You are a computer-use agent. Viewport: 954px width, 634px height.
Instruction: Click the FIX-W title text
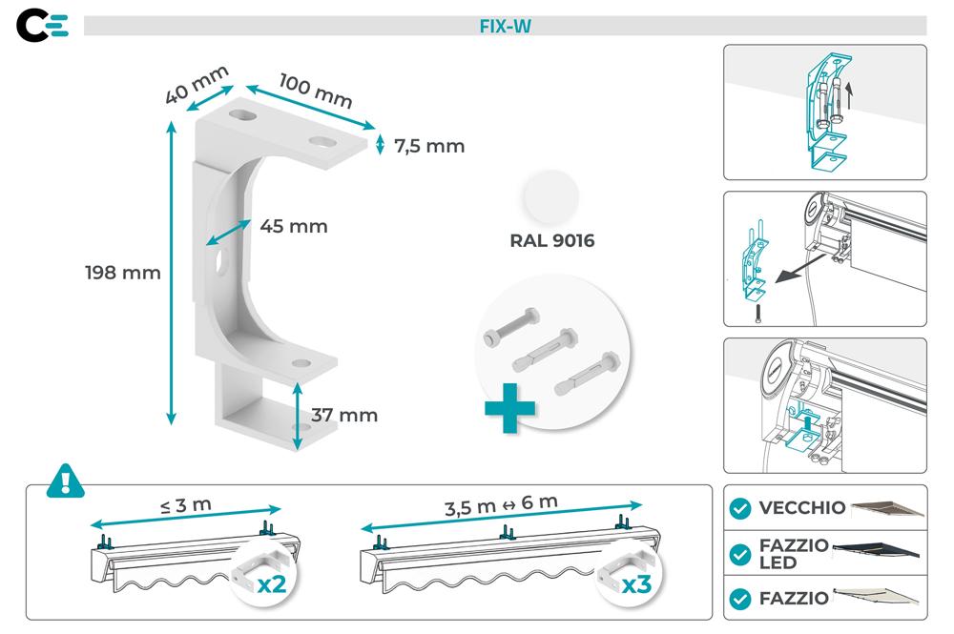tap(505, 27)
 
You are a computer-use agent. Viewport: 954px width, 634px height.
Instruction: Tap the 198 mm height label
tap(122, 273)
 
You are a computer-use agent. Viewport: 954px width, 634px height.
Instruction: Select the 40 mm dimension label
tap(197, 84)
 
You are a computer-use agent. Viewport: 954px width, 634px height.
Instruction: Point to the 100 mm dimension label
tap(316, 91)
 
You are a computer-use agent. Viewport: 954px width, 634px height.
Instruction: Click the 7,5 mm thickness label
tap(428, 146)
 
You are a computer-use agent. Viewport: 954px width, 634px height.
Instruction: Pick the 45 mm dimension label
tap(293, 226)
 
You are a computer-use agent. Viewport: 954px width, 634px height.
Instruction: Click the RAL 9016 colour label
tap(552, 241)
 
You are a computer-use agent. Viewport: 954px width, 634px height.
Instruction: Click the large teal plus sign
tap(509, 408)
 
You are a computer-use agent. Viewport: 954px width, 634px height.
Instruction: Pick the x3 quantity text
tap(636, 583)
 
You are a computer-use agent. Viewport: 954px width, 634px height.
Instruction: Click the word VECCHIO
tap(801, 508)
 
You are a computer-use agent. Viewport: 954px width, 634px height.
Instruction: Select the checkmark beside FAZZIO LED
tap(739, 554)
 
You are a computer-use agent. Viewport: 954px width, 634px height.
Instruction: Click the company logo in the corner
tap(43, 27)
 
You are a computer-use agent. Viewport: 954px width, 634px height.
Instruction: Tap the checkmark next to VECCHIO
tap(739, 508)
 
